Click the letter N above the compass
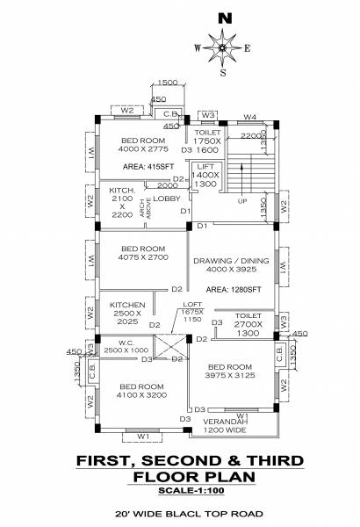(226, 17)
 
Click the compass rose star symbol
(224, 47)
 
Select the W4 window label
(250, 116)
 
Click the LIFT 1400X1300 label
(205, 175)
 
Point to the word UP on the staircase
(242, 200)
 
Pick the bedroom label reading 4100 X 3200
(140, 392)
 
